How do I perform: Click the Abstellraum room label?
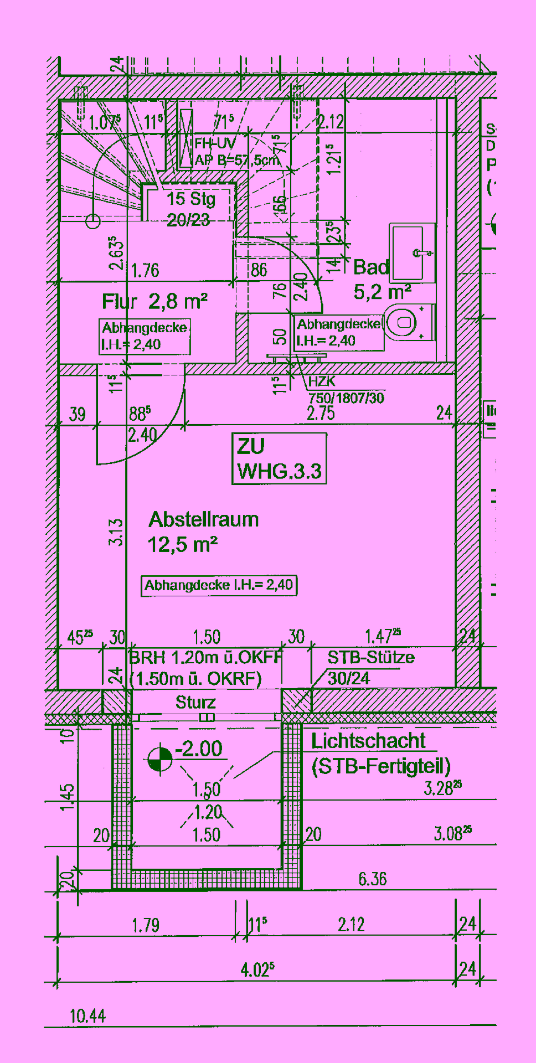pyautogui.click(x=203, y=520)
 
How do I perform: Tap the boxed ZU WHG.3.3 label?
pyautogui.click(x=279, y=459)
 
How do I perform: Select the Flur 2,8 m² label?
pyautogui.click(x=154, y=302)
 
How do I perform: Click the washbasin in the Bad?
pyautogui.click(x=412, y=253)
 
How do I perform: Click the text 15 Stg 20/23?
pyautogui.click(x=190, y=209)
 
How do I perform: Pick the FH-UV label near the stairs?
pyautogui.click(x=215, y=144)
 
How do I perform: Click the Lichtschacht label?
pyautogui.click(x=368, y=741)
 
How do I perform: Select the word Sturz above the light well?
pyautogui.click(x=195, y=703)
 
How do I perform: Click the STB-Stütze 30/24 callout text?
pyautogui.click(x=370, y=668)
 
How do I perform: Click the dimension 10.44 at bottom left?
pyautogui.click(x=87, y=1016)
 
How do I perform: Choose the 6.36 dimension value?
pyautogui.click(x=372, y=879)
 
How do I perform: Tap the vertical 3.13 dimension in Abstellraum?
pyautogui.click(x=116, y=533)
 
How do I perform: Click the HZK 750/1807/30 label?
pyautogui.click(x=346, y=390)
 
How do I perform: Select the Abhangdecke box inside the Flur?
pyautogui.click(x=145, y=336)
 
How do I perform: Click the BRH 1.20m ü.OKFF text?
pyautogui.click(x=205, y=658)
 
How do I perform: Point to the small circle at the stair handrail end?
pyautogui.click(x=93, y=221)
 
